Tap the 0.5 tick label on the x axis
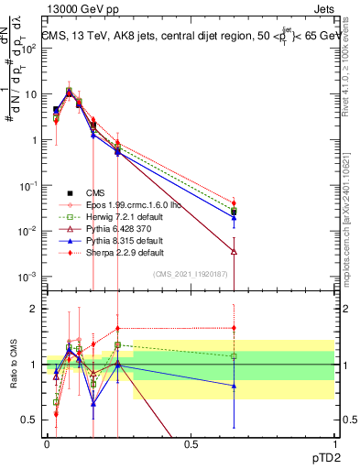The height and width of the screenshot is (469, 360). [191, 443]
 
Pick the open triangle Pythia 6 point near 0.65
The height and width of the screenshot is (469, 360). [235, 251]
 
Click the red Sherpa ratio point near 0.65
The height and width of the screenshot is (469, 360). [235, 328]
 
